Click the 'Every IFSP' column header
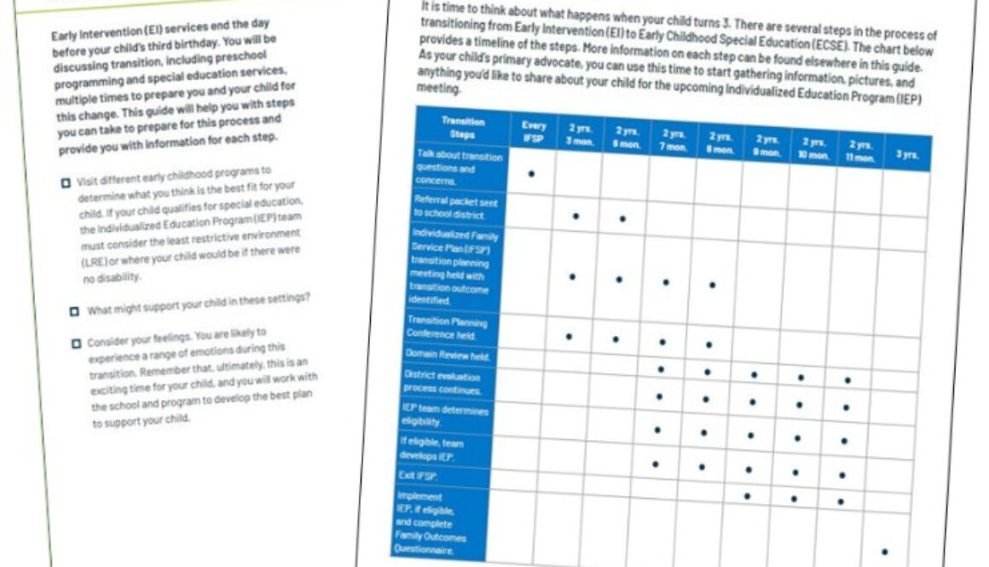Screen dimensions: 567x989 [534, 130]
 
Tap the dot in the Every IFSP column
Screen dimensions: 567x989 [531, 174]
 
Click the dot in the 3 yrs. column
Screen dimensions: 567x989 [884, 553]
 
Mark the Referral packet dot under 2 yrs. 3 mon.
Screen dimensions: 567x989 [576, 217]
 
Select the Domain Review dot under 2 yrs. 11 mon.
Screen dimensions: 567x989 [847, 380]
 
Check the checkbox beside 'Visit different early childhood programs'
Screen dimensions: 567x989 [67, 182]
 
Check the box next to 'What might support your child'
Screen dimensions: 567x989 [75, 311]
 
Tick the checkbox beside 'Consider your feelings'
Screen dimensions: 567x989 [76, 344]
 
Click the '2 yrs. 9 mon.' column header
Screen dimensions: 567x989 [767, 147]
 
